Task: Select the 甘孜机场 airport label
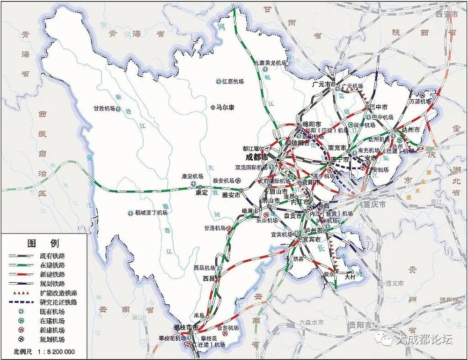pyautogui.click(x=104, y=108)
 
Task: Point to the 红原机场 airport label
pyautogui.click(x=233, y=81)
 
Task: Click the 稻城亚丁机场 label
pyautogui.click(x=151, y=213)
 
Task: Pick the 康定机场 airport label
pyautogui.click(x=192, y=176)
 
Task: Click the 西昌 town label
pyautogui.click(x=208, y=278)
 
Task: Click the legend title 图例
pyautogui.click(x=43, y=243)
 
